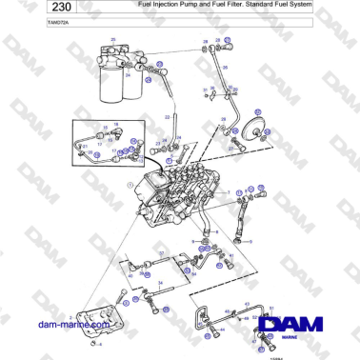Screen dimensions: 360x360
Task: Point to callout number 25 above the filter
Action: coord(113,39)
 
